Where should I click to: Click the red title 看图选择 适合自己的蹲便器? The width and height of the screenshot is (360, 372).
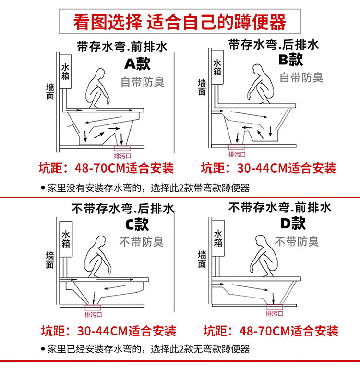coord(180,22)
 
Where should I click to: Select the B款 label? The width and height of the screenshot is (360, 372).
coord(290,60)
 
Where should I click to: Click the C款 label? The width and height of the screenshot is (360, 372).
coord(137,224)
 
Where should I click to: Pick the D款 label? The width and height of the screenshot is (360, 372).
coord(293,223)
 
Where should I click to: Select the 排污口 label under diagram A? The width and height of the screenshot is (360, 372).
coord(121,156)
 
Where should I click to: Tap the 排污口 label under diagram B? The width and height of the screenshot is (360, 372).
coord(237,154)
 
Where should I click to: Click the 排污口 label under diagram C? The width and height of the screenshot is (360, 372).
coord(93,315)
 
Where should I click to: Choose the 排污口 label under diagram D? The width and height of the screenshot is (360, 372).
coord(274,313)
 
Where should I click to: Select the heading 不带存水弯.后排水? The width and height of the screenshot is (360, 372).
coord(123,209)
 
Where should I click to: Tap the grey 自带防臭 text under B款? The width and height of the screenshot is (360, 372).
coord(301,77)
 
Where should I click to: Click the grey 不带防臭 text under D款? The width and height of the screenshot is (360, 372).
coord(297,241)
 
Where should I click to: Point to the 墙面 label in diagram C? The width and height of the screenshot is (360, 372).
coord(49,259)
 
